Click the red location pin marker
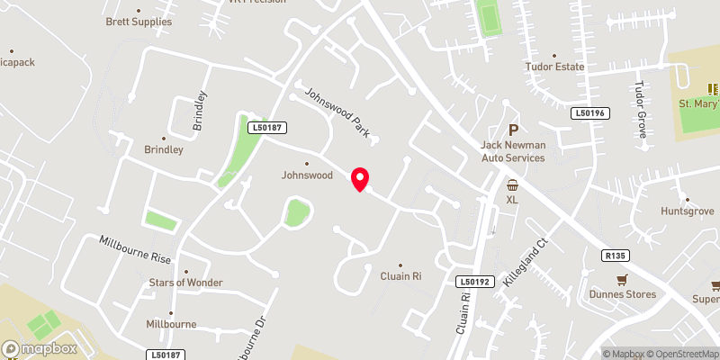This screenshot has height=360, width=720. pyautogui.click(x=361, y=178)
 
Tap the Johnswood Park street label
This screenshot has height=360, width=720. pyautogui.click(x=337, y=114)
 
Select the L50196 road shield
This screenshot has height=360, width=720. pyautogui.click(x=590, y=112)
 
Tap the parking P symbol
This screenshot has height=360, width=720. pyautogui.click(x=514, y=130)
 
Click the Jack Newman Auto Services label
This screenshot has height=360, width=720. pyautogui.click(x=513, y=151)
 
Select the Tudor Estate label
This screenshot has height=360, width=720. pyautogui.click(x=555, y=67)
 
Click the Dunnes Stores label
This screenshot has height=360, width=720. pyautogui.click(x=622, y=294)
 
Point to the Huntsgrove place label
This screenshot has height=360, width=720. pyautogui.click(x=687, y=212)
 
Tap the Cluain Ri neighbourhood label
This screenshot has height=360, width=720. pyautogui.click(x=400, y=276)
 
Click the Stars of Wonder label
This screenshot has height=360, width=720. pyautogui.click(x=185, y=283)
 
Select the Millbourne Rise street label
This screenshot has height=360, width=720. pyautogui.click(x=135, y=249)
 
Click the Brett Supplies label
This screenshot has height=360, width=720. pyautogui.click(x=139, y=21)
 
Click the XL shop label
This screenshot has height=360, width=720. pyautogui.click(x=512, y=199)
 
